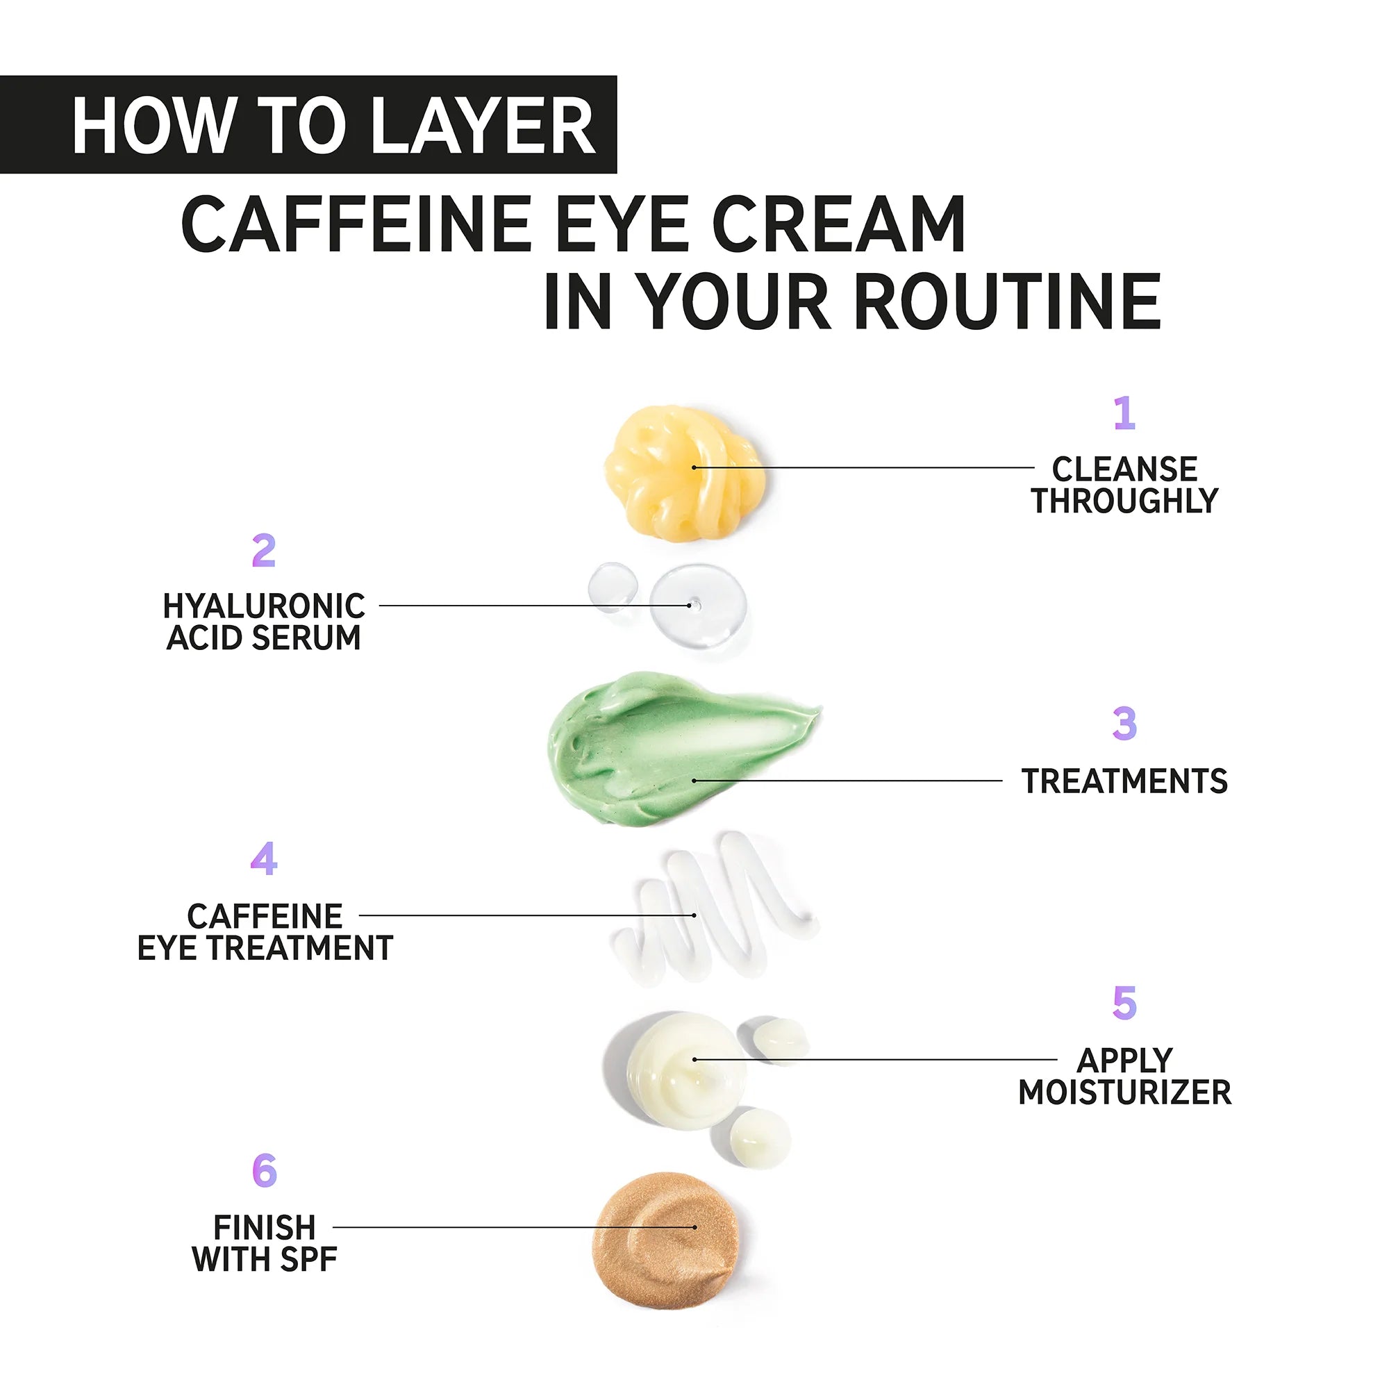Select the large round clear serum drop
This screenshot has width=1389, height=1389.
click(697, 604)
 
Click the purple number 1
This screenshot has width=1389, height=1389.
click(1124, 413)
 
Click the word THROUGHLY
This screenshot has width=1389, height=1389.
click(1124, 501)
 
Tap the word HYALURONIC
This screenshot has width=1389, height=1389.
click(264, 606)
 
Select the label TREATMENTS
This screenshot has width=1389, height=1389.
click(1124, 781)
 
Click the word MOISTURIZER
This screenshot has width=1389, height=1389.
click(1124, 1092)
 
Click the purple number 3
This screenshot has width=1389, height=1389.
click(1124, 724)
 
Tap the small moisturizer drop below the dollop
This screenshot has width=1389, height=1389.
click(760, 1138)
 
